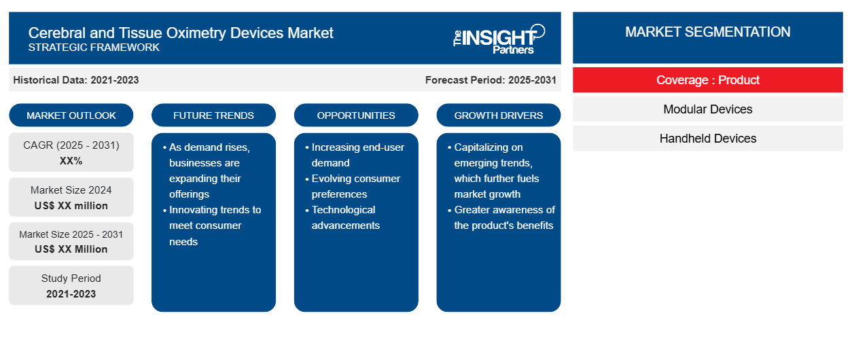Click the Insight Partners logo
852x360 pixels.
[x=499, y=39]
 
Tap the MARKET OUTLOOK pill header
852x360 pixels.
[x=71, y=115]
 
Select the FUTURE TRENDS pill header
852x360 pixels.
[x=213, y=115]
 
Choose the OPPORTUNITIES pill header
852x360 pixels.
[x=356, y=115]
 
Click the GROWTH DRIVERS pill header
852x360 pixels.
[x=498, y=115]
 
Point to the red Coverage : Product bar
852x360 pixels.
[x=707, y=80]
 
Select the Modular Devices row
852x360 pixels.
[x=707, y=109]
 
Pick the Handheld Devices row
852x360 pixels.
[x=707, y=139]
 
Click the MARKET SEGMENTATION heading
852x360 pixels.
[x=707, y=32]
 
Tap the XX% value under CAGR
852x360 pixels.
[x=71, y=161]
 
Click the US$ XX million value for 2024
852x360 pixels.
[x=71, y=206]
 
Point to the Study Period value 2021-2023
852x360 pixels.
[x=71, y=294]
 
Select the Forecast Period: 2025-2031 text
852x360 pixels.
[x=491, y=80]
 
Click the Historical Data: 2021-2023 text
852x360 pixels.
[x=76, y=80]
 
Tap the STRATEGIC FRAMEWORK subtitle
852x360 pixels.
[x=94, y=48]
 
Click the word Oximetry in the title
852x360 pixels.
[x=196, y=33]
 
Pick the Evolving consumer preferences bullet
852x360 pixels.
[x=353, y=186]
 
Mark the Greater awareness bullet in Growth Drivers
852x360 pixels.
[x=501, y=217]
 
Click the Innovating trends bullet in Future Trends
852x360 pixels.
[x=212, y=226]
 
